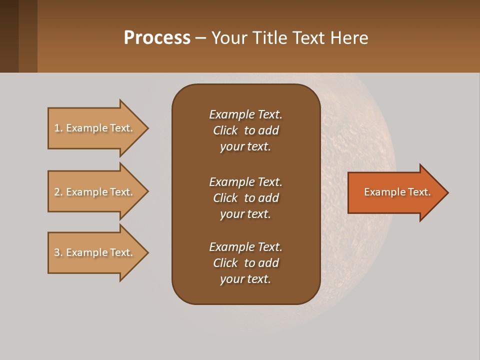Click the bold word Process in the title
coord(157,38)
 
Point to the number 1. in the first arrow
coord(58,128)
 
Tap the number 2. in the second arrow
coord(58,192)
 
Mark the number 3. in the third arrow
coord(58,252)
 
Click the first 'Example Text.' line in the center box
coord(245,114)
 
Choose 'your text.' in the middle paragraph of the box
coord(245,214)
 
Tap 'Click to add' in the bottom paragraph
coord(245,263)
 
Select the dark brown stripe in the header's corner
coord(9,36)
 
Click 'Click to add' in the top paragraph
coord(245,130)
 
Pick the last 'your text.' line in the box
coord(245,279)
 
